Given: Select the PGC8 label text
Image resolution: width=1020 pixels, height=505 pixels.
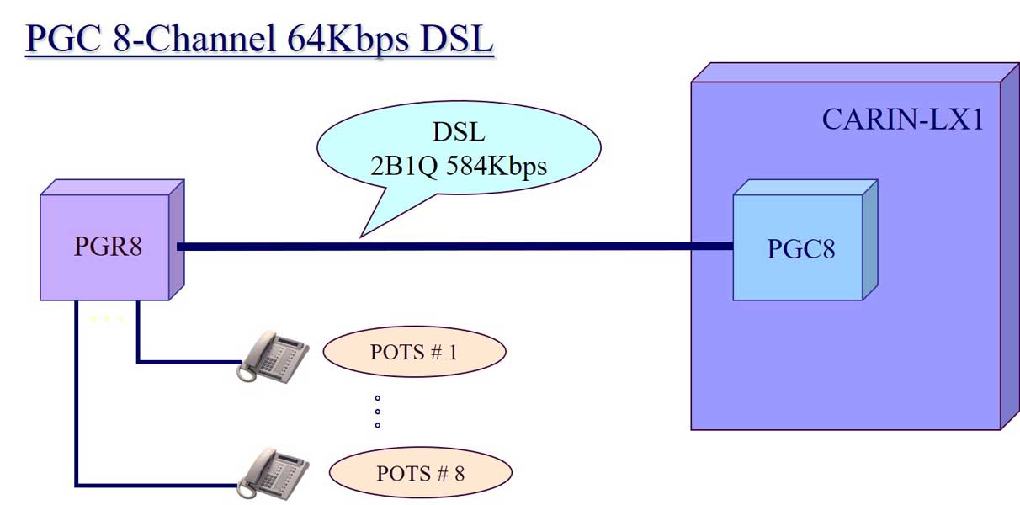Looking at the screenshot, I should (800, 249).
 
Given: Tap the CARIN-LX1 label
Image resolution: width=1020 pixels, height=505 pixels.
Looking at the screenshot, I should (902, 120).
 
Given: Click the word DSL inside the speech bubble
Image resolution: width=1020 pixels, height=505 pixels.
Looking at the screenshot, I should (459, 133).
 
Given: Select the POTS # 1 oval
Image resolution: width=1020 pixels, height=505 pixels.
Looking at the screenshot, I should (414, 352).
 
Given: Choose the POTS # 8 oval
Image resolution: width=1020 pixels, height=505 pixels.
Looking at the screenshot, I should (420, 473).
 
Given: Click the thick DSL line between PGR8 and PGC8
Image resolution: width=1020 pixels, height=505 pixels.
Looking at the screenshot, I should (454, 247).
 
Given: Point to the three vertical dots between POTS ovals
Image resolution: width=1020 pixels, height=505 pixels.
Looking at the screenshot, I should (377, 412).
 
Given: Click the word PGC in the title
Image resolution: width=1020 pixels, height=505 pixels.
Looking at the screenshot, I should (63, 40).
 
